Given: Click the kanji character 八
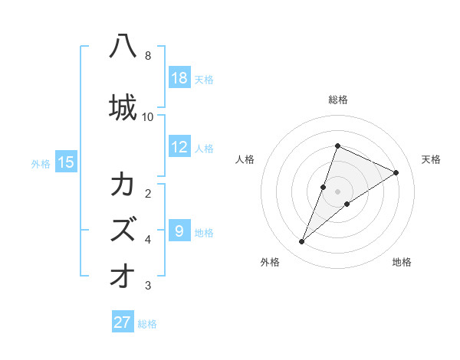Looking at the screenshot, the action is click(123, 47).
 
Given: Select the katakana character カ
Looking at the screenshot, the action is click(123, 185).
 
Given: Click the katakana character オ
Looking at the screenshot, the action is click(123, 276).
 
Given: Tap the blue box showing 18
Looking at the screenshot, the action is click(179, 78).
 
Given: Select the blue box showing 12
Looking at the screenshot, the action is click(179, 147).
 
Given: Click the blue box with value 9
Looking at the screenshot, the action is click(179, 230).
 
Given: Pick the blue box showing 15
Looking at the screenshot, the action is click(66, 162).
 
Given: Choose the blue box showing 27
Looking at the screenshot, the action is click(123, 322).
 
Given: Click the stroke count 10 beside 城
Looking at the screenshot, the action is click(148, 116).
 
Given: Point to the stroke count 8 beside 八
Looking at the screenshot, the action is click(148, 56).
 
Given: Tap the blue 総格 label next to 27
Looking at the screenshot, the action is click(147, 323).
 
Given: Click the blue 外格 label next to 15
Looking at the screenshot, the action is click(41, 162).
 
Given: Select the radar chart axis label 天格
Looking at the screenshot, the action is click(431, 159).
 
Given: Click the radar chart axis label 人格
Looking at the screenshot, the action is click(245, 159).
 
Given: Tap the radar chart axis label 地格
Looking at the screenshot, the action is click(402, 262).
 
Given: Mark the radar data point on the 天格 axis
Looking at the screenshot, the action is click(396, 172).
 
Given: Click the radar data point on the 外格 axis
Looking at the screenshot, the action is click(302, 242).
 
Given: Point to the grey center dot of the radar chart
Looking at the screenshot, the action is click(338, 191).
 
